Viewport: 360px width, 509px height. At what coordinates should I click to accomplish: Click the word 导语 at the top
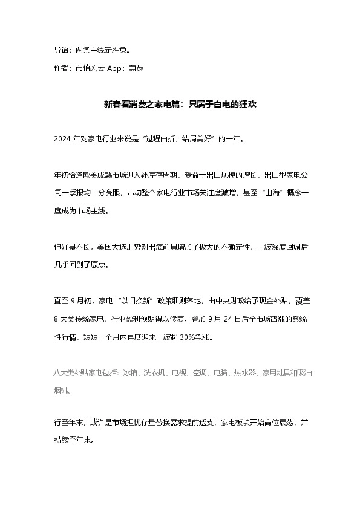click(60, 50)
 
